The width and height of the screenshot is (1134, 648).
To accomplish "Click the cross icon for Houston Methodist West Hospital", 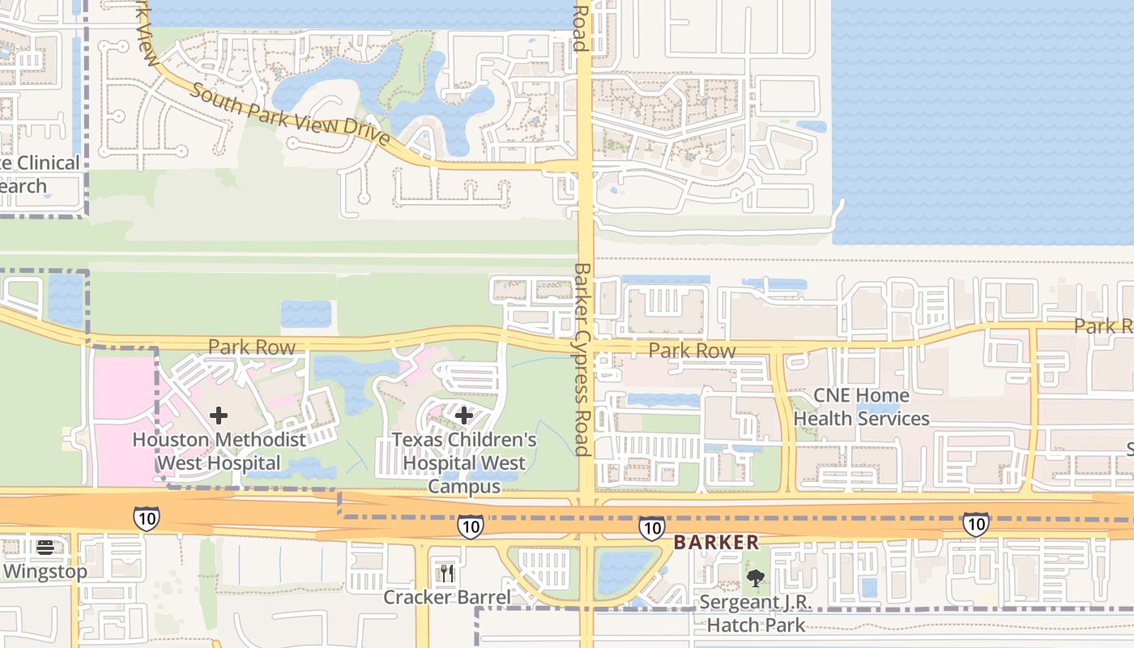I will [x=218, y=416].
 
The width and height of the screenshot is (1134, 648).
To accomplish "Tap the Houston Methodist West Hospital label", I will [x=219, y=451].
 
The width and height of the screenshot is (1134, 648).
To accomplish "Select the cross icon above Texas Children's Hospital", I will [x=463, y=416].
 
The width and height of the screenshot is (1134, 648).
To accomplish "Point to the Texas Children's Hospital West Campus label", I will [x=464, y=463].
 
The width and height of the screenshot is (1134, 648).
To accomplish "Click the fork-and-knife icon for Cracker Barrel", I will [x=447, y=573].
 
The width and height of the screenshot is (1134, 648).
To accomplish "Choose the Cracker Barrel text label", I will [x=447, y=598].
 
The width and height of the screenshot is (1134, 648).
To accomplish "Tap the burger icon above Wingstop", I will [x=45, y=547].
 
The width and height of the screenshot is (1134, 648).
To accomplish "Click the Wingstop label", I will [x=45, y=571].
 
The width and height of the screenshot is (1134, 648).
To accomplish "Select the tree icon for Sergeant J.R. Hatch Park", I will [x=756, y=578].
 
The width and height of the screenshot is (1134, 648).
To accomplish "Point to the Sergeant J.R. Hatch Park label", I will [x=756, y=613].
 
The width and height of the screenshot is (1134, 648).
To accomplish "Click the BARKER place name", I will [x=716, y=543].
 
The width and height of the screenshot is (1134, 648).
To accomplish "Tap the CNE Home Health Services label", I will [x=861, y=407].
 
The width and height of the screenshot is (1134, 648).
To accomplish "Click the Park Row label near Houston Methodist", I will [x=251, y=347].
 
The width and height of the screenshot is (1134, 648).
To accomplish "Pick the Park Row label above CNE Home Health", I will [x=692, y=351].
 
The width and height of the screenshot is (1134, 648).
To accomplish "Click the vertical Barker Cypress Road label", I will [x=581, y=359].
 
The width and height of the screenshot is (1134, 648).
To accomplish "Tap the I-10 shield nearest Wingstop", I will [x=147, y=518].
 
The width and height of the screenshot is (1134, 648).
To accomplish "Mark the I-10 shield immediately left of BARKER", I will [x=651, y=527].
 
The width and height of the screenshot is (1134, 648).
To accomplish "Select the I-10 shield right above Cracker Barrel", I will [x=471, y=526].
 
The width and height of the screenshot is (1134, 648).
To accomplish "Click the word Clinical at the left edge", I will [x=42, y=163].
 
